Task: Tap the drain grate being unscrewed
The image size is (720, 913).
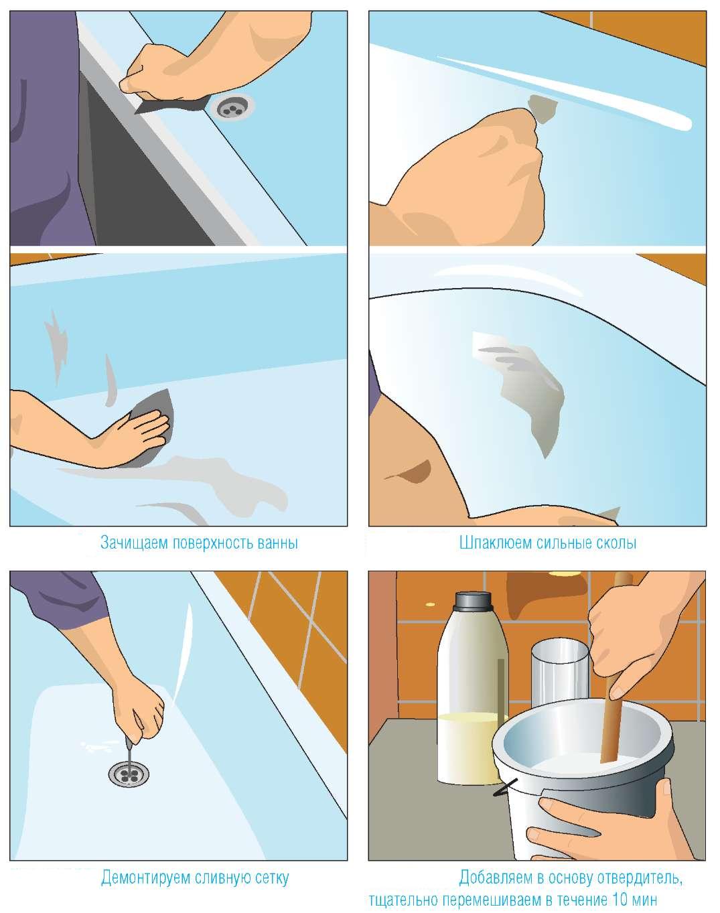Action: point(129,772)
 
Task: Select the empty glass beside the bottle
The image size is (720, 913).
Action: point(559,673)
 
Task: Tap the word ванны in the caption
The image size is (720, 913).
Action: point(277,543)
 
